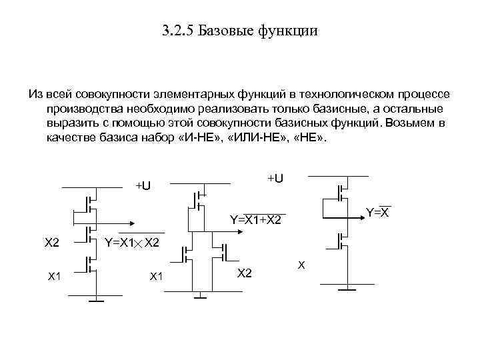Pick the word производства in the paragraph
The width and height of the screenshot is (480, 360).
click(x=84, y=108)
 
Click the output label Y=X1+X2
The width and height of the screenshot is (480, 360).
click(x=255, y=220)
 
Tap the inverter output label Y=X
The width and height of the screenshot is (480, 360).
click(x=378, y=213)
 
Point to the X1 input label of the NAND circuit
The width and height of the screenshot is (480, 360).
click(x=55, y=275)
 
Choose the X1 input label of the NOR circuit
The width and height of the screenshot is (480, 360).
click(x=157, y=275)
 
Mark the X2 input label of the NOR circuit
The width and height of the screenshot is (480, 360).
click(x=245, y=273)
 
